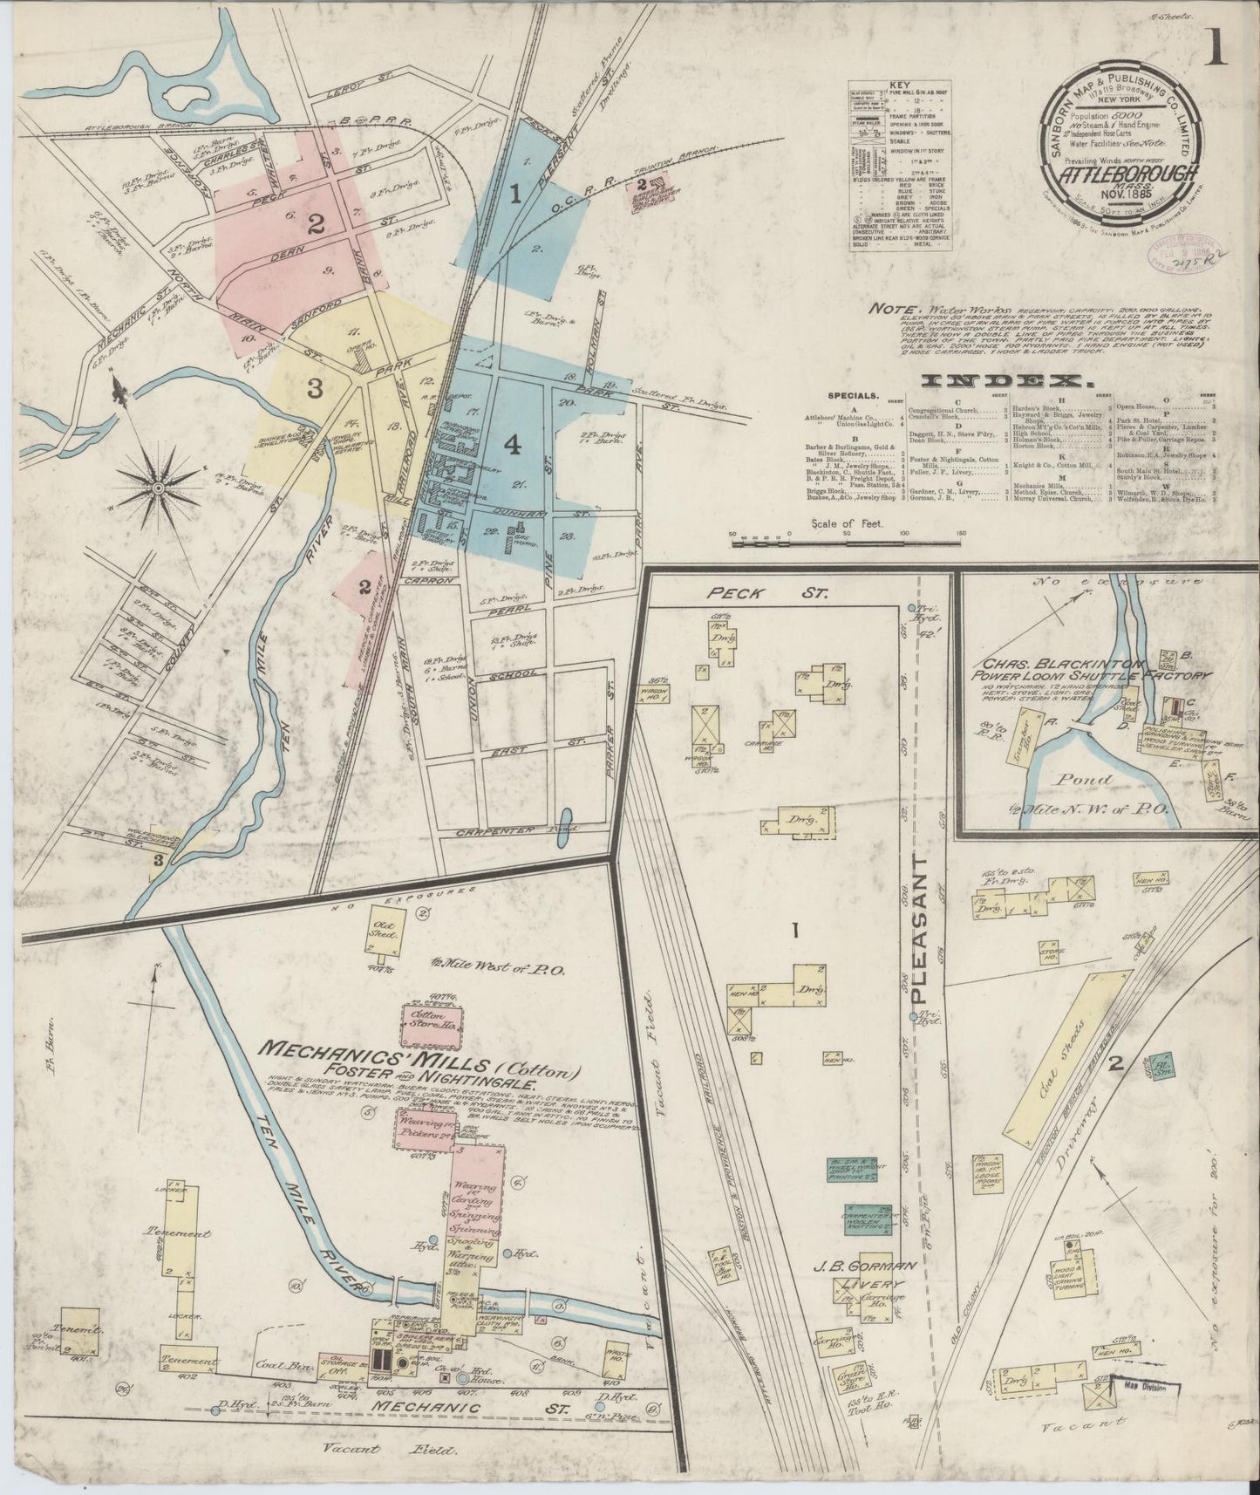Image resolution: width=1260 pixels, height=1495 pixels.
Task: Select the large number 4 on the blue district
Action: (512, 445)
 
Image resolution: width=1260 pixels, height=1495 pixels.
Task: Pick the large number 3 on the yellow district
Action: (314, 389)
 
